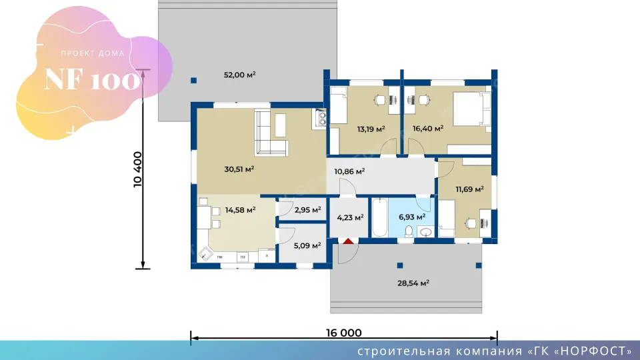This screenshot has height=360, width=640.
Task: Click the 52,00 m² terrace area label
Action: point(239,75)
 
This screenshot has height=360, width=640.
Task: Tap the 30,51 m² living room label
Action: point(239,169)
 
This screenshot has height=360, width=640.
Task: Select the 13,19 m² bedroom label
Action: point(371,129)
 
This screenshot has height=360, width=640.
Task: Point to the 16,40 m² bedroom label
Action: point(428,129)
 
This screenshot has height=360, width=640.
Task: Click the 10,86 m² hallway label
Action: point(349,171)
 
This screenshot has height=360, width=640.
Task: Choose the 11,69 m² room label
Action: point(470,189)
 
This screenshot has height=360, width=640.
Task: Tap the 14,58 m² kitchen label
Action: point(241,210)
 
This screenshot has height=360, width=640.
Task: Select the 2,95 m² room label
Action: point(308,210)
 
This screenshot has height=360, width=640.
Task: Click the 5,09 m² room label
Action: point(307,246)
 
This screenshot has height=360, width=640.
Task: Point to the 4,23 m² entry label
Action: point(350,217)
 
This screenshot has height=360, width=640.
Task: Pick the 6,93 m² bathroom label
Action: point(412,217)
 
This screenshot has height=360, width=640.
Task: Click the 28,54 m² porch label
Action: point(413,283)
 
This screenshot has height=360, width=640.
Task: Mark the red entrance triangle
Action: point(348,241)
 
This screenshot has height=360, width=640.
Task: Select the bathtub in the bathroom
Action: point(379,217)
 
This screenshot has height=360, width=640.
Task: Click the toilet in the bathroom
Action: point(409,232)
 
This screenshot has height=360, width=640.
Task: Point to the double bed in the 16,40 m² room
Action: point(472,109)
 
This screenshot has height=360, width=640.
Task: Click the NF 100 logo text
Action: point(92,79)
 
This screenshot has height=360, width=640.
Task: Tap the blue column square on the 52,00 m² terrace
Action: point(194,81)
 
